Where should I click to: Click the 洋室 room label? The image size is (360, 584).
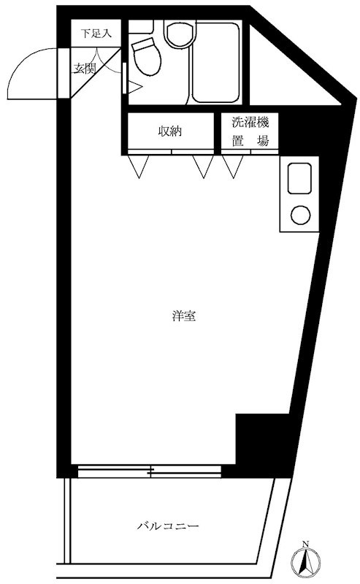coord(183,317)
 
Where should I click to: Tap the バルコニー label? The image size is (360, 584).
coord(168,526)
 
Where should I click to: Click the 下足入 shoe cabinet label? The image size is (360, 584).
coord(95,33)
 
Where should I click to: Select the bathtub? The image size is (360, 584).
coord(218,64)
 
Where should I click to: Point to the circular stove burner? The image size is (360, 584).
coord(300,215)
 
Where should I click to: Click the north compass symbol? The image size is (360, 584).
coord(305,564)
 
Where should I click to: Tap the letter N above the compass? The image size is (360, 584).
coord(305,544)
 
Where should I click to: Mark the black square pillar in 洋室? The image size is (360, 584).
coord(253,438)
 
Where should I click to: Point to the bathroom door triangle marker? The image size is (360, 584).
coord(134,86)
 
